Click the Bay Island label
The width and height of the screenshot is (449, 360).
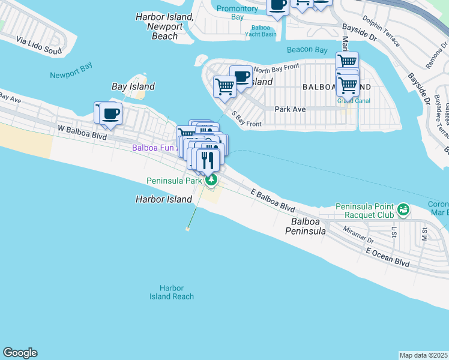pos(133,86)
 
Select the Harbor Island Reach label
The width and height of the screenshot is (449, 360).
pos(172,292)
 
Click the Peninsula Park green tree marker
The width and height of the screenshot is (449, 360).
pos(210,179)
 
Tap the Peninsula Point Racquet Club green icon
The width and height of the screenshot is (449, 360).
pos(403,210)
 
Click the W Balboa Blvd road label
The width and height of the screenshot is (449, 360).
pos(82,133)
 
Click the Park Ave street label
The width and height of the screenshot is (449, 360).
pos(291,109)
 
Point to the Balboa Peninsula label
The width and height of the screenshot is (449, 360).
pos(305,226)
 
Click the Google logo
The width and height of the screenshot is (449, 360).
pos(20,353)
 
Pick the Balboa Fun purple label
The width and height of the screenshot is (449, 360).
pos(153,147)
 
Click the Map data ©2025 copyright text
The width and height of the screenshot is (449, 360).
pos(424,355)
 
